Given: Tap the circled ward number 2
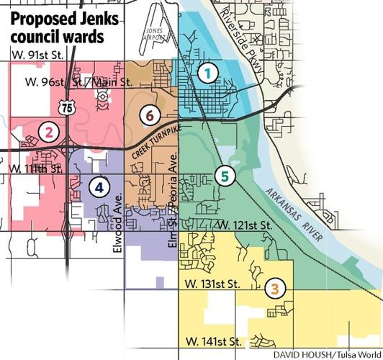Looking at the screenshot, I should (48, 131).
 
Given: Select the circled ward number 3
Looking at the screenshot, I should (275, 289).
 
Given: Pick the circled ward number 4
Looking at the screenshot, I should (99, 187).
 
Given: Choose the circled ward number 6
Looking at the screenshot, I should (150, 114).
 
